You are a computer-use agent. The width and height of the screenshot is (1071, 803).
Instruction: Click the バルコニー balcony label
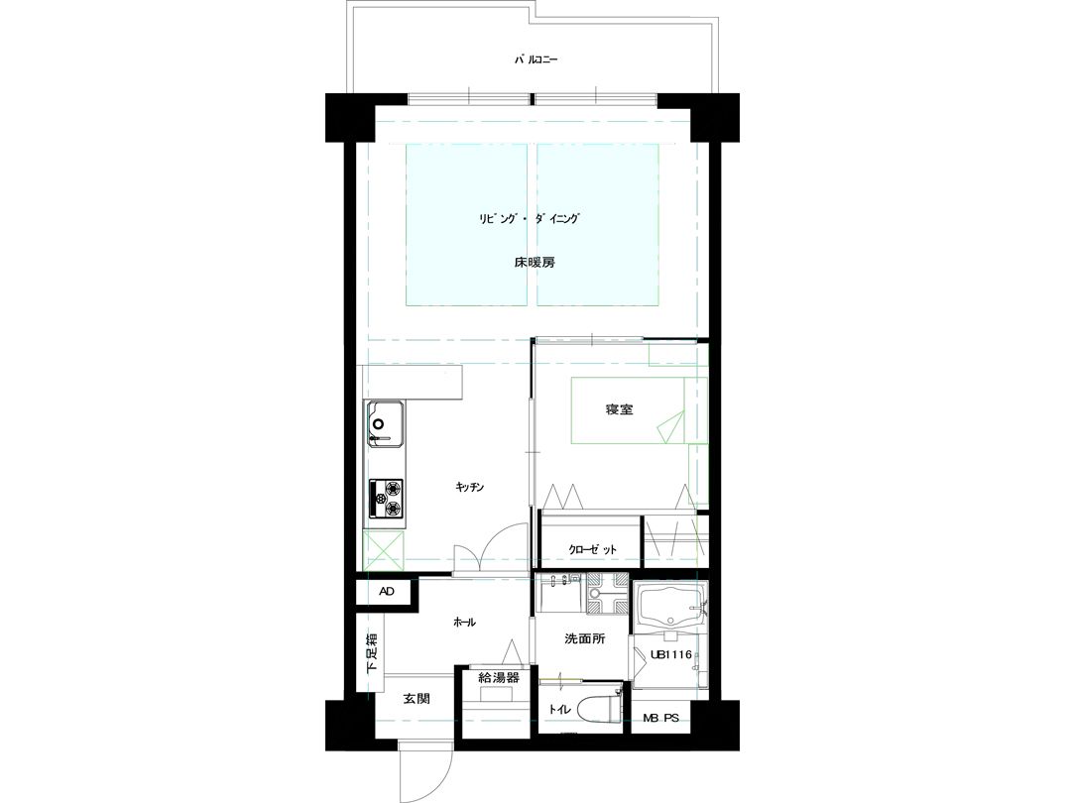coord(535,60)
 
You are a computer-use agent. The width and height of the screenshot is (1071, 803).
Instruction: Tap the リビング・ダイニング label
coord(530,219)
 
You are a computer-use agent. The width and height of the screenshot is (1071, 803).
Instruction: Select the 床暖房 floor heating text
coord(535,262)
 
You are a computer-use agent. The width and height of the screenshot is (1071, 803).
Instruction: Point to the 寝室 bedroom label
coord(619,409)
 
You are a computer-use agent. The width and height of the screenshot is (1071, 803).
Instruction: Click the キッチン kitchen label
coord(470,487)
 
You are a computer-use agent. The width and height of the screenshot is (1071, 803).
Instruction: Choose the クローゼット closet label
coord(592,549)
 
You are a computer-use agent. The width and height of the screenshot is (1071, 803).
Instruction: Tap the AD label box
coord(387,591)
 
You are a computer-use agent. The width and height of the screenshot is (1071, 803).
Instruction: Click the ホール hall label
coord(464,622)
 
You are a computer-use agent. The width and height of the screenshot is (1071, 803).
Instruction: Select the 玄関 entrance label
coord(416,699)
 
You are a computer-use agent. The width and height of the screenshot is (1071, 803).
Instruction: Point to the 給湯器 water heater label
coord(499,678)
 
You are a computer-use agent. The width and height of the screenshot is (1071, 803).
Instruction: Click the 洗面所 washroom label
coord(585,639)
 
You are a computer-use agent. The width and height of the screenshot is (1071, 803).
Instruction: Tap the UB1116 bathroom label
coord(671,655)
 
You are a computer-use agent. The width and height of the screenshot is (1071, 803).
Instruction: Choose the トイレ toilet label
coord(559,710)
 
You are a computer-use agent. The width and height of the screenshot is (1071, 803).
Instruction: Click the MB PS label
coord(660,719)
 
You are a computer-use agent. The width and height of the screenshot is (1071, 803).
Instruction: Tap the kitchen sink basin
coord(387,424)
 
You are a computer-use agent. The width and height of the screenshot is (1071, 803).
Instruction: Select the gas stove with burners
coord(386,499)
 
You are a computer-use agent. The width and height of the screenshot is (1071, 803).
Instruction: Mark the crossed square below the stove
coord(384,550)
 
